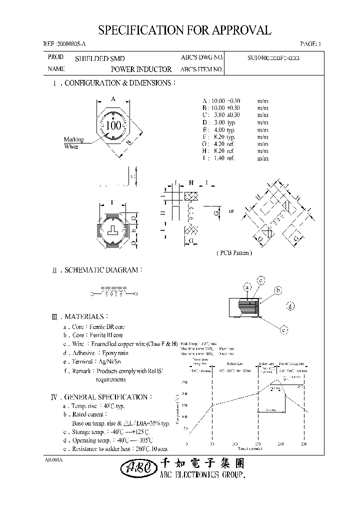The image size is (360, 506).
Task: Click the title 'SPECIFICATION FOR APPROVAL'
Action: click(184, 30)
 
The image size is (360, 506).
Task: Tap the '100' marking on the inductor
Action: click(114, 125)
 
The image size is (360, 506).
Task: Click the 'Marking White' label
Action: click(73, 143)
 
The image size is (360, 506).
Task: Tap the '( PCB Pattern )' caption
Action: click(234, 253)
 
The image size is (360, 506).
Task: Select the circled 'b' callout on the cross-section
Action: click(278, 290)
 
